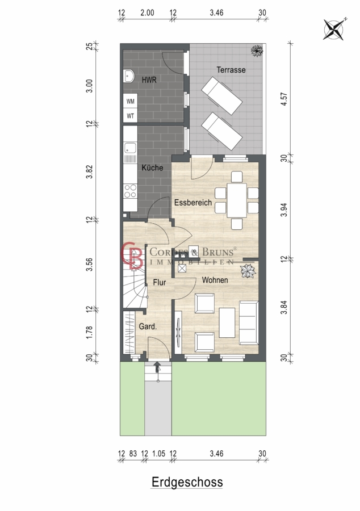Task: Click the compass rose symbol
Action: [x=334, y=30]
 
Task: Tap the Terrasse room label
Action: [x=231, y=70]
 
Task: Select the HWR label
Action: [x=149, y=80]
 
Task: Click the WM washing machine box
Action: [x=131, y=102]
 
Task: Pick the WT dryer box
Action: [x=131, y=116]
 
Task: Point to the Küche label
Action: [x=152, y=167]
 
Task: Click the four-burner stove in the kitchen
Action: [x=131, y=191]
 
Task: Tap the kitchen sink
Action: [x=131, y=148]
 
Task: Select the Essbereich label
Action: [x=193, y=202]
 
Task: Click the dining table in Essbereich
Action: [x=237, y=200]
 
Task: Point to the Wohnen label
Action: [x=215, y=280]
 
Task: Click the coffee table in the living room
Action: [x=227, y=322]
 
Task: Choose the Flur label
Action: [x=160, y=283]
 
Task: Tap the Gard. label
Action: [x=148, y=326]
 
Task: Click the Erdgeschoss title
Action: [x=187, y=482]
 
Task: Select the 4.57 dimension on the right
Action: [x=284, y=99]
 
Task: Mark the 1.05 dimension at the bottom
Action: [x=158, y=454]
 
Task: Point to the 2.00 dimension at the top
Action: [x=147, y=12]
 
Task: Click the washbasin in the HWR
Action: [x=129, y=76]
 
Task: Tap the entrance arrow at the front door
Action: [x=157, y=367]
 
